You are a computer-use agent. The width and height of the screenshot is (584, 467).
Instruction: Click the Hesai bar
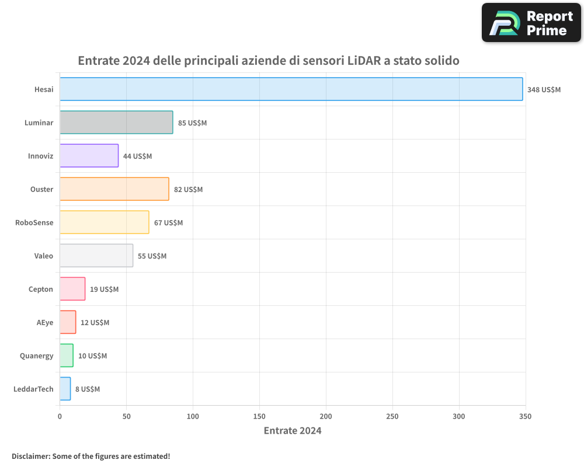[291, 89]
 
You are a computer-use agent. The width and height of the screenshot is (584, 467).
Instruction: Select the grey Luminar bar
[116, 123]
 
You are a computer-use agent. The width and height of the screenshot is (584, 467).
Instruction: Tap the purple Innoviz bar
[89, 156]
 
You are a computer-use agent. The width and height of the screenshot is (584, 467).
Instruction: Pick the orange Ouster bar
[114, 189]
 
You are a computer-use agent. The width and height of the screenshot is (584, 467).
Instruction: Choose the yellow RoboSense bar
[104, 222]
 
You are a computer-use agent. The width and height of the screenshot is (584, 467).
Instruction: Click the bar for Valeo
[96, 256]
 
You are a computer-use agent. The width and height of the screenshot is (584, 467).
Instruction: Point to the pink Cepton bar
[72, 289]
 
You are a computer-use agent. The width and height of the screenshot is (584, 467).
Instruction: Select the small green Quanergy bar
[67, 356]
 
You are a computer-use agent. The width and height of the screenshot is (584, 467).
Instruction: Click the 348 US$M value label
[544, 90]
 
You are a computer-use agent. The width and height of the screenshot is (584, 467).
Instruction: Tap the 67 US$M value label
[168, 223]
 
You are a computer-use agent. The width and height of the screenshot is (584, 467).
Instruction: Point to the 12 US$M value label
[95, 323]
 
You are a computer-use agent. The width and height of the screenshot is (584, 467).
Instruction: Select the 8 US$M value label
[88, 389]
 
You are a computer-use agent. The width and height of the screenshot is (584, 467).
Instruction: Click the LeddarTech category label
[33, 389]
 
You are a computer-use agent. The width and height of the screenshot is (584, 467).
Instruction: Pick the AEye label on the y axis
[45, 323]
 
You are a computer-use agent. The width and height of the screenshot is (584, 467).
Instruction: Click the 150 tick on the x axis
[259, 416]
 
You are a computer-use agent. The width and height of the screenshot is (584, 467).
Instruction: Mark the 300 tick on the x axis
[459, 416]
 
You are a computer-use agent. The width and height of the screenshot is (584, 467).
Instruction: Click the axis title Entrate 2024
[293, 431]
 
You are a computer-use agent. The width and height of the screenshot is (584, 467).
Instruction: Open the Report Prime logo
[531, 23]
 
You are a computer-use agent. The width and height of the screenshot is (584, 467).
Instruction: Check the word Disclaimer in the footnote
[30, 456]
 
